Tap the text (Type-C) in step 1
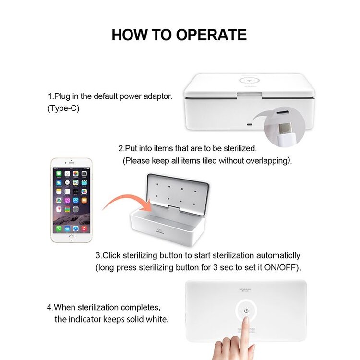pyautogui.click(x=63, y=108)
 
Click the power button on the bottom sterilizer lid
pyautogui.click(x=246, y=311)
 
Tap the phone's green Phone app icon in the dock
pyautogui.click(x=59, y=229)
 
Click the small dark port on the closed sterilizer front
pyautogui.click(x=249, y=124)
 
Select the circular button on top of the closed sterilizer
pyautogui.click(x=250, y=81)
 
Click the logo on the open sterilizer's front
pyautogui.click(x=161, y=235)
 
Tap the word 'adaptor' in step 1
pyautogui.click(x=157, y=96)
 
